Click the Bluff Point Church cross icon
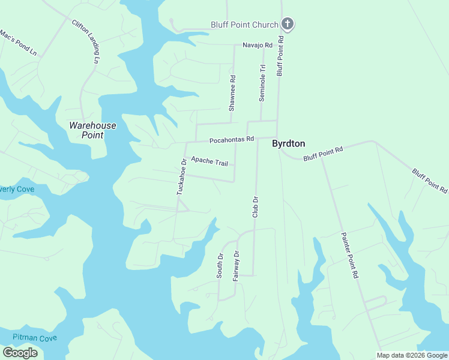tap(288, 25)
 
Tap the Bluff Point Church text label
tap(244, 25)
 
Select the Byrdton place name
tap(289, 144)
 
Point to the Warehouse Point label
tap(92, 130)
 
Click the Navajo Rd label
tap(258, 45)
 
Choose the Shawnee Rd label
tap(232, 93)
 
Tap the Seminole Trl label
tap(262, 83)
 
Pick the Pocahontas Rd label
tap(231, 140)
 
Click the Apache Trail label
tap(209, 161)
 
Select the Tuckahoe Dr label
tap(181, 176)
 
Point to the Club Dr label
tap(255, 207)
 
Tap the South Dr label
tap(220, 265)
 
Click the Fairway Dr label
tap(236, 266)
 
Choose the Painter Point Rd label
tap(349, 255)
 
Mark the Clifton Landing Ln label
tap(86, 41)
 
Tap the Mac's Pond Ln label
tap(18, 43)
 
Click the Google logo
tap(20, 353)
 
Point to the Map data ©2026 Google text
tap(412, 355)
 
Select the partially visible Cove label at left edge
tap(17, 189)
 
